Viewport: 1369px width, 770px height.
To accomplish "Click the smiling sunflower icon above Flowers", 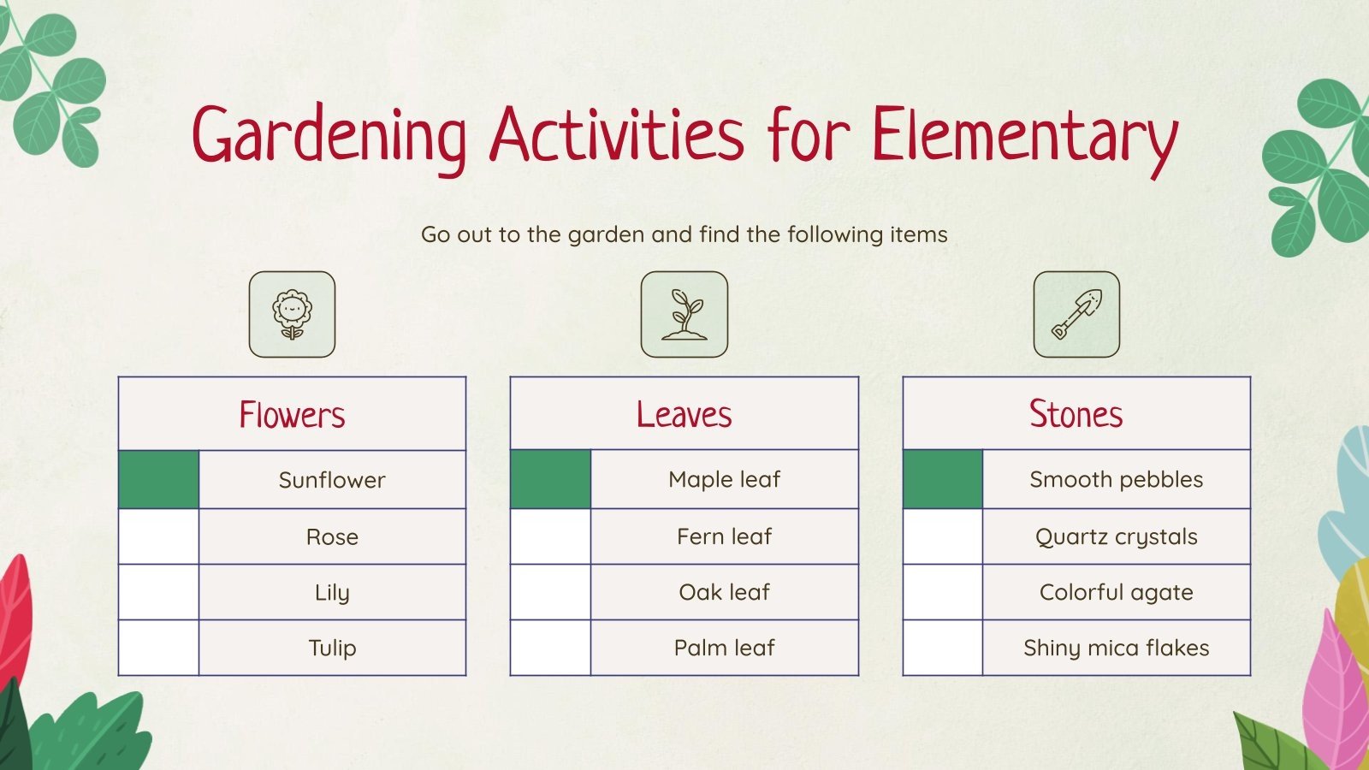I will (292, 314).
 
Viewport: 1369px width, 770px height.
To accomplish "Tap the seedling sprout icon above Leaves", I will (684, 314).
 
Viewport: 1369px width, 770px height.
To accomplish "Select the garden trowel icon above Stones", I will (1076, 314).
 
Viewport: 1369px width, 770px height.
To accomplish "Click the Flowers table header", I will (292, 414).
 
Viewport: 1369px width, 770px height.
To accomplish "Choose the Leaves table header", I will (684, 414).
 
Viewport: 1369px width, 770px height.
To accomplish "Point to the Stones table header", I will (1076, 414).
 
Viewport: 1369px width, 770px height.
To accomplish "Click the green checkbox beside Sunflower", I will (159, 480).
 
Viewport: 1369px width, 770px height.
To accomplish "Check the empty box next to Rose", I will (159, 536).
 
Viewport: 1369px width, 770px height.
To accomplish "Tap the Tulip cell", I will (332, 648).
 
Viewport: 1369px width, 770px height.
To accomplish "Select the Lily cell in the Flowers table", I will (332, 592).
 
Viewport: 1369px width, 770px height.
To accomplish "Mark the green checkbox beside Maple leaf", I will (551, 479).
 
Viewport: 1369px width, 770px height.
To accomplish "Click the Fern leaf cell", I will (724, 536).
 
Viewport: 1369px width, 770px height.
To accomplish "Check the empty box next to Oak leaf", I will (551, 592).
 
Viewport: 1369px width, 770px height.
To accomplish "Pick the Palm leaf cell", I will (724, 648).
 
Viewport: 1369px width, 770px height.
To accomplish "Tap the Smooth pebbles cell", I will (1116, 479).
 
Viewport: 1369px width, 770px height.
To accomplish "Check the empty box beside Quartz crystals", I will (943, 536).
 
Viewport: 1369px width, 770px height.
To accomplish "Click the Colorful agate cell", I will (1116, 592).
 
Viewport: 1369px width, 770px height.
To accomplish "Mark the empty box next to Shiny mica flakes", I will (943, 648).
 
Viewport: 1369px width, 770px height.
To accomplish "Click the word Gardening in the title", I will (329, 135).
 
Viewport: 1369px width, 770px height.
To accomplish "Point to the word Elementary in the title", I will (1024, 135).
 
